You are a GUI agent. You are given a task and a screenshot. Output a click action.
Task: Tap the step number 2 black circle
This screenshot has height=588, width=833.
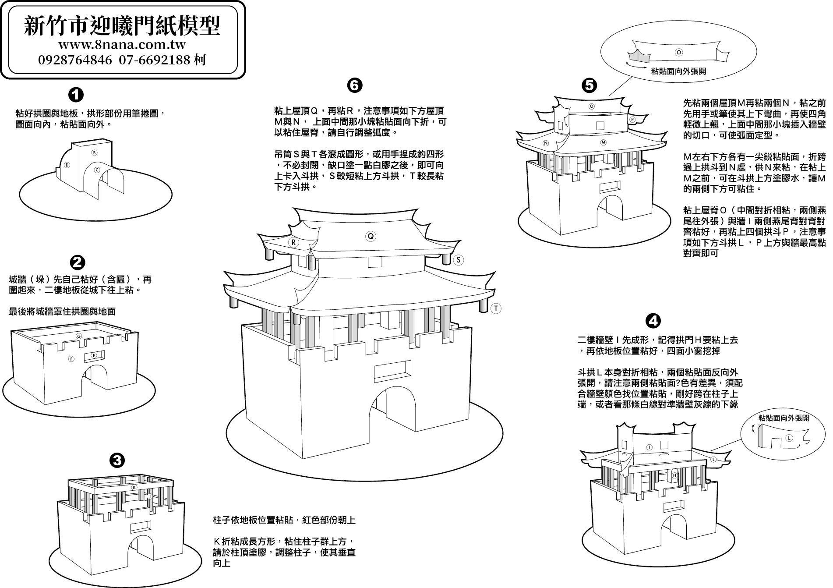[78, 262]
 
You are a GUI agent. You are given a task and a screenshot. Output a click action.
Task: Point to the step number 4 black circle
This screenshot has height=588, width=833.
[653, 321]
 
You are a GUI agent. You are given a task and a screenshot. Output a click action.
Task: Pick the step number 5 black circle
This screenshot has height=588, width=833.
[589, 85]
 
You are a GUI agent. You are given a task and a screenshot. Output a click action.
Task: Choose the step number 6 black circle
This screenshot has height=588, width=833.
[354, 85]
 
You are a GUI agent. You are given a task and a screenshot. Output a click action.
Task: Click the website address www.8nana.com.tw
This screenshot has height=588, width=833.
[122, 45]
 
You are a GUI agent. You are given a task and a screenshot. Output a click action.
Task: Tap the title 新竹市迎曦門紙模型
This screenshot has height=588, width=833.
[122, 25]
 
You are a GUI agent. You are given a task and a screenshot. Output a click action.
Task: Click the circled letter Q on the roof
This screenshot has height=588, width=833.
[371, 236]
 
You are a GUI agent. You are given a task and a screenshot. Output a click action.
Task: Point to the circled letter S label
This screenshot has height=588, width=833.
[458, 260]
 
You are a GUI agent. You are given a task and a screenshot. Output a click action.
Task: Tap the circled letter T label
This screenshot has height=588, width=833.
[496, 308]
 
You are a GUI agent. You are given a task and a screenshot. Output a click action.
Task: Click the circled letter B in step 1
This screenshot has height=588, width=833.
[94, 152]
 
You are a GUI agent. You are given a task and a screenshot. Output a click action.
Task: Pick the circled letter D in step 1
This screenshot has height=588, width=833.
[67, 165]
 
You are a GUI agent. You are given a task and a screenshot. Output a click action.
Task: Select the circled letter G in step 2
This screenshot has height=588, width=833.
[79, 336]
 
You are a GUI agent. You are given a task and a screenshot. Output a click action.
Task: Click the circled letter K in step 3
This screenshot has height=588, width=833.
[134, 488]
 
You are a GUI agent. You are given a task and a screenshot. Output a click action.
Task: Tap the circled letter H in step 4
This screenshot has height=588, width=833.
[674, 475]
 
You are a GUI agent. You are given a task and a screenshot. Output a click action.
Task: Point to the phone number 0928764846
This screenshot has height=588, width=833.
[75, 60]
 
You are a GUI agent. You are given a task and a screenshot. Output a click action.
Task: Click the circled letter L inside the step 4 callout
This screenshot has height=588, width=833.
[789, 438]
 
